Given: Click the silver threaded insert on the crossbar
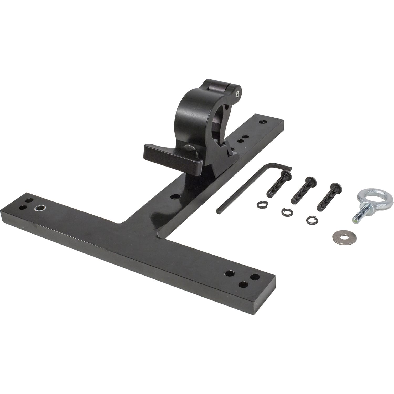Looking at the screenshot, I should pyautogui.click(x=40, y=208).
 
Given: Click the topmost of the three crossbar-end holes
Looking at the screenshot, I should pyautogui.click(x=230, y=273).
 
